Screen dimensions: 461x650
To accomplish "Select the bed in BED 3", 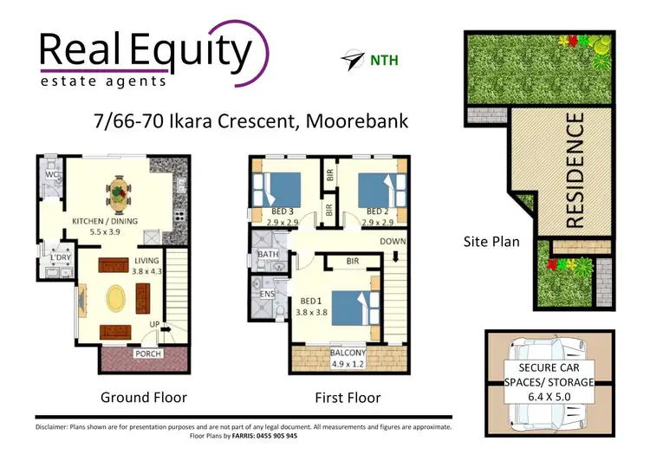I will click(276, 191).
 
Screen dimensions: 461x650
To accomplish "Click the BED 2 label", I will click(378, 211).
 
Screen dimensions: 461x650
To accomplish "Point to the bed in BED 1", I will click(348, 308).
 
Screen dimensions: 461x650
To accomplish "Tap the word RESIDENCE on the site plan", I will click(575, 172).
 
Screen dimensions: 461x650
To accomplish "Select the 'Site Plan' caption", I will click(491, 242).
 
